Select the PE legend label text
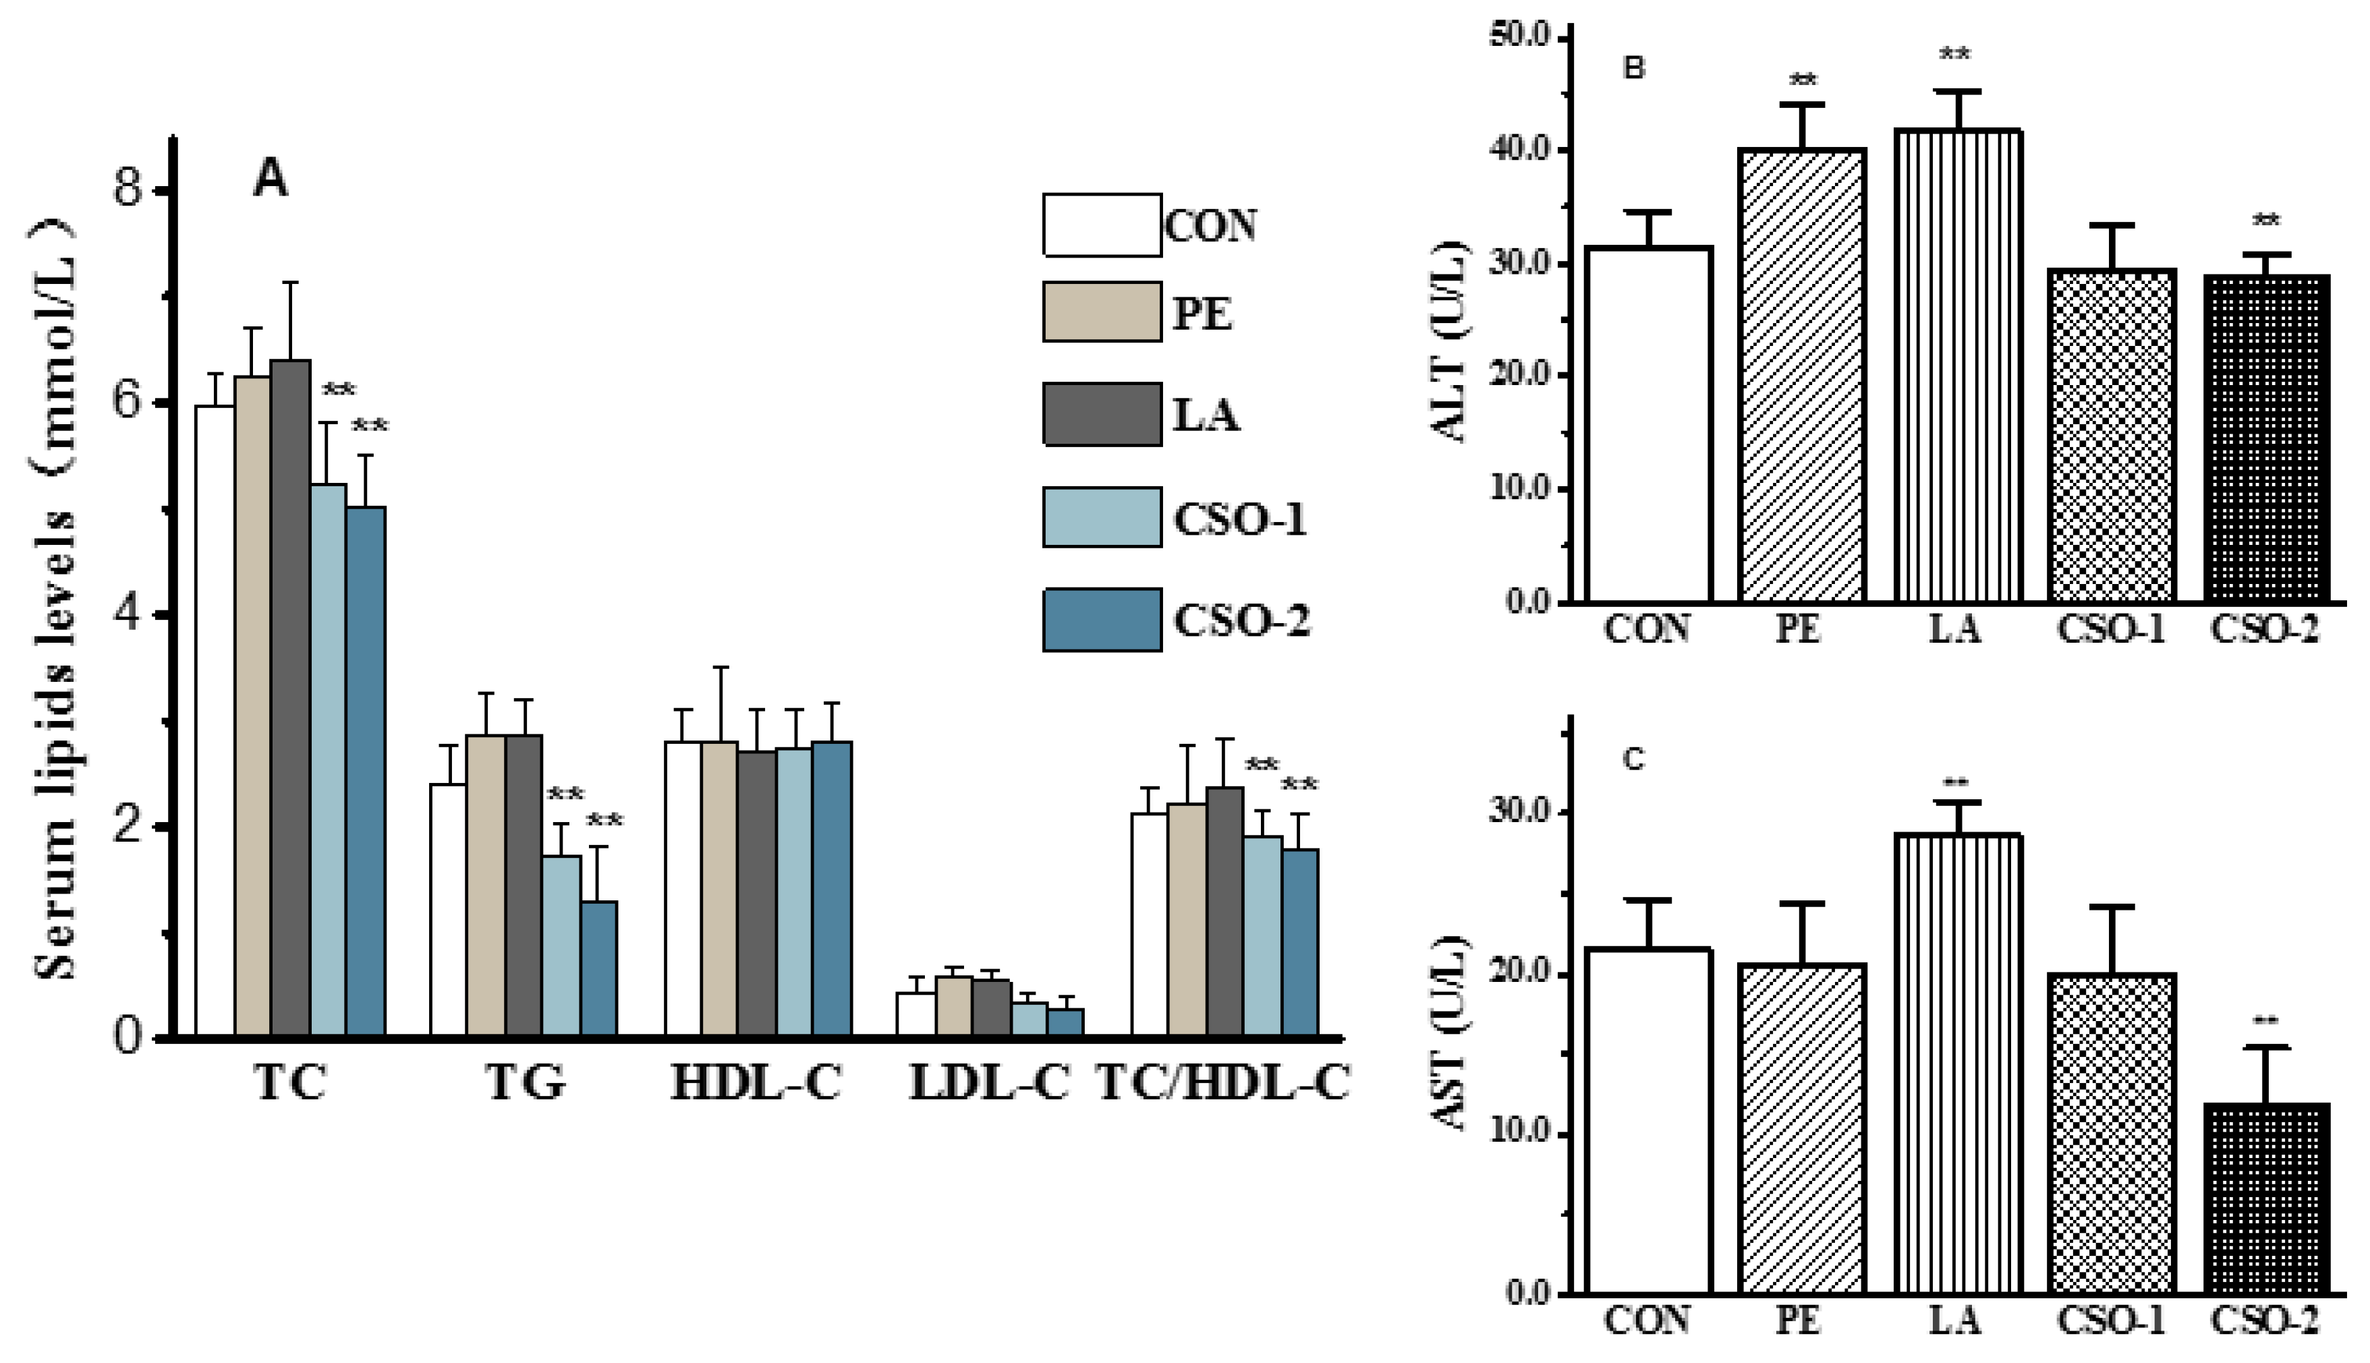(x=1202, y=313)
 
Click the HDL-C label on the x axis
(x=756, y=1083)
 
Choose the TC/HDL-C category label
(x=1222, y=1083)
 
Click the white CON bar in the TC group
(x=215, y=721)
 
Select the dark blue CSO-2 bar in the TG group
(x=598, y=969)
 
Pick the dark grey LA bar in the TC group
(x=290, y=697)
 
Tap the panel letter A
(x=271, y=178)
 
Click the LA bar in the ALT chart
(x=1958, y=365)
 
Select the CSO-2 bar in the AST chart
(x=2265, y=1198)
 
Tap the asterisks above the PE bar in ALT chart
(x=1803, y=80)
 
